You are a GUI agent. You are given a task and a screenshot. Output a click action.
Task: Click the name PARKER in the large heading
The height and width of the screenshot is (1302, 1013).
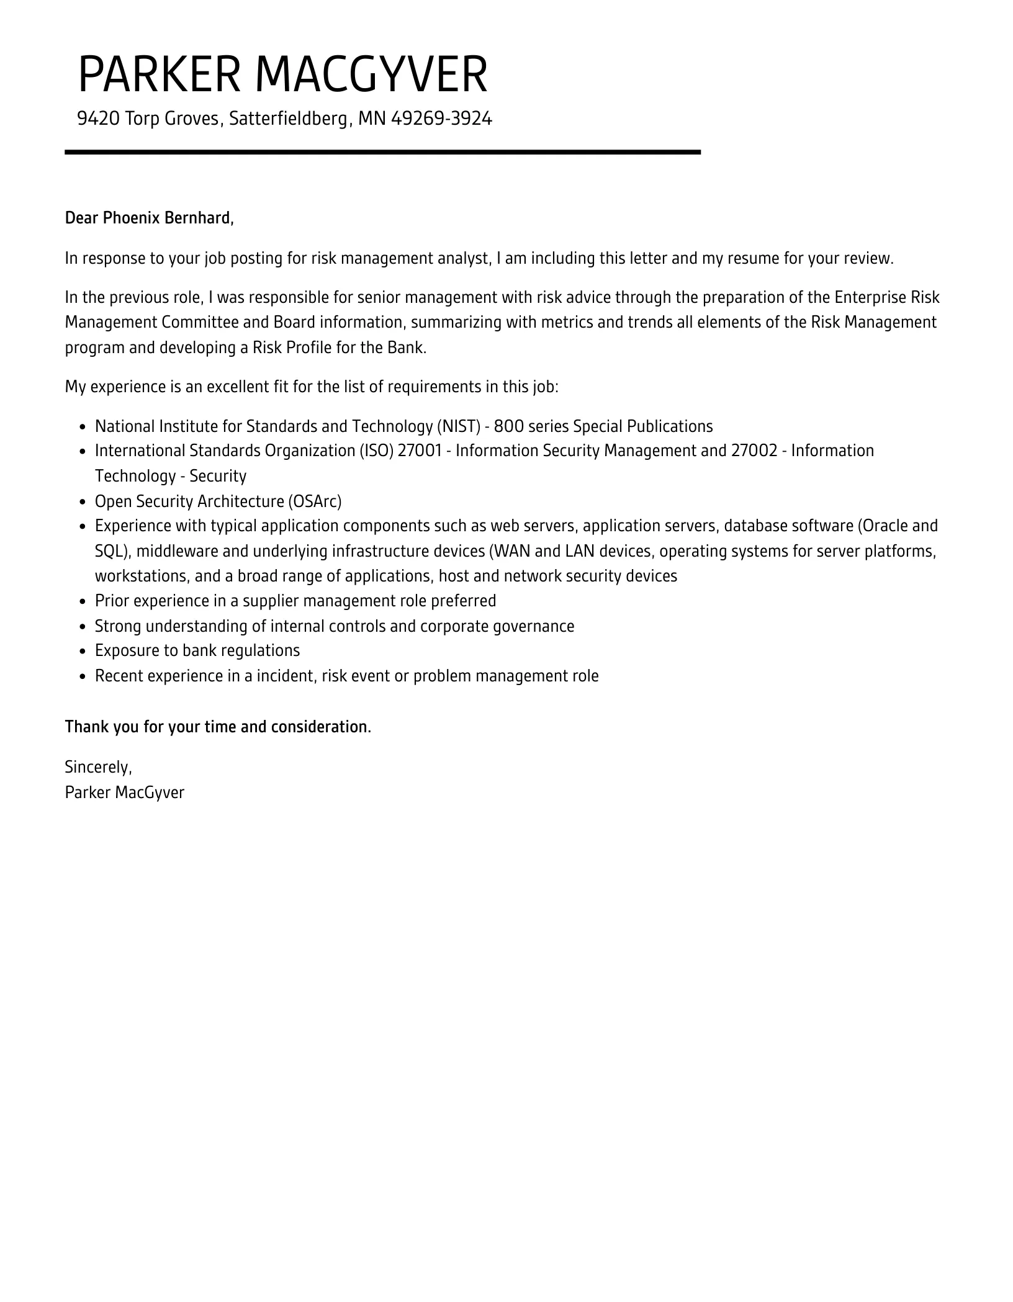(x=159, y=75)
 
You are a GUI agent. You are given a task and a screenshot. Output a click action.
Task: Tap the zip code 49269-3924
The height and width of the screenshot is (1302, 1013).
(x=441, y=118)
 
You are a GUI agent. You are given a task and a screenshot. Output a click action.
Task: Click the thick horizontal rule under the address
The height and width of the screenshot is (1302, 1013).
(x=382, y=152)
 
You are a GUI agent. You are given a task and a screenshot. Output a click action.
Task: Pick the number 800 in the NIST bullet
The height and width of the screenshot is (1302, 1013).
(x=509, y=426)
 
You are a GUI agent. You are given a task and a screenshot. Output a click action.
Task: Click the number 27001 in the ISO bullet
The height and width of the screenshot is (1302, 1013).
(x=419, y=451)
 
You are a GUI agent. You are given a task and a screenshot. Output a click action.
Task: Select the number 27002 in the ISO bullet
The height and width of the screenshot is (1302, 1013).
(x=754, y=451)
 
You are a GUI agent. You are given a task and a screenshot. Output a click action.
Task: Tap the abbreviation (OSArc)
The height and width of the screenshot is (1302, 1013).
(x=314, y=501)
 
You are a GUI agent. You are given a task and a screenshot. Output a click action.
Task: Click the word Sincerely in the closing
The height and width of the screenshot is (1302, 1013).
(x=98, y=768)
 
